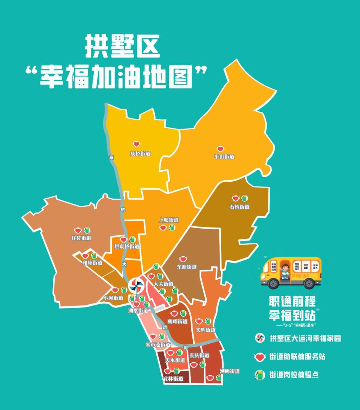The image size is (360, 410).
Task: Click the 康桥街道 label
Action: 140,154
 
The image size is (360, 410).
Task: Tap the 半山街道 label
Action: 224,157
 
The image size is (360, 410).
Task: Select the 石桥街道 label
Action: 240,207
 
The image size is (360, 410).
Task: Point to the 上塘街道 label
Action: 169,220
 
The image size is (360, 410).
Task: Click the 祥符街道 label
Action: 81,238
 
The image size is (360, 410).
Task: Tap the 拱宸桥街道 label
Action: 127,247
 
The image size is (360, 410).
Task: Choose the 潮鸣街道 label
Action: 229,371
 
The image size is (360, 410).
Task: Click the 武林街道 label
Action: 173,379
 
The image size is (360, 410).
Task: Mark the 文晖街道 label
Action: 206,330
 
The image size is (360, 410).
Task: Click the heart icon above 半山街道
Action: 220,149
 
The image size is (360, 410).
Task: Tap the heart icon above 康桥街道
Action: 136,144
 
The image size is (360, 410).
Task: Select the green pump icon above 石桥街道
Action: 244,198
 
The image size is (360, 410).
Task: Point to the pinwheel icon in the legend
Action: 259,338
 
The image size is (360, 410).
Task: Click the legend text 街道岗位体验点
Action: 294,374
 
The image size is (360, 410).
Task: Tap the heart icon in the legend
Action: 259,356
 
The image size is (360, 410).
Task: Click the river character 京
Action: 111,158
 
